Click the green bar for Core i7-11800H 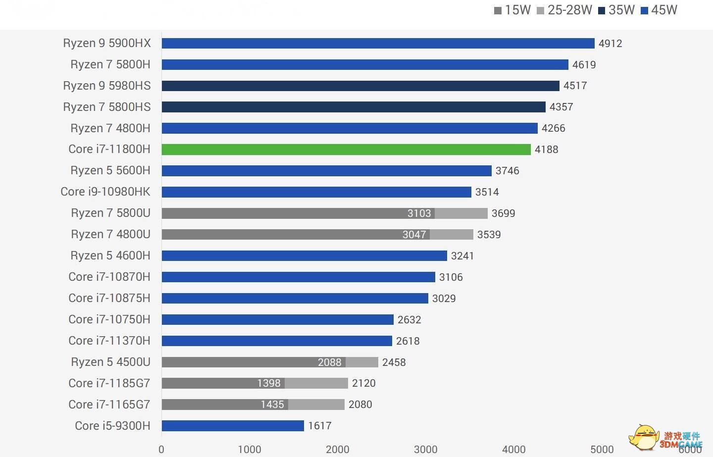346,150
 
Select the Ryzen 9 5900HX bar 377,44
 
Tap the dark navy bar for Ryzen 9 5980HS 360,86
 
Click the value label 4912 610,44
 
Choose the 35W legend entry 616,10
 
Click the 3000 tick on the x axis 425,450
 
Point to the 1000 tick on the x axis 249,450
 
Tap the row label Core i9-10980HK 105,192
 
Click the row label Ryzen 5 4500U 110,362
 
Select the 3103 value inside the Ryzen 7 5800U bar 419,213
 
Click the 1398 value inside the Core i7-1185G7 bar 268,383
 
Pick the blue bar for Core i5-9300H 232,426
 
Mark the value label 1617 319,426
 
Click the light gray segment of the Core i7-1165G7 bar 316,405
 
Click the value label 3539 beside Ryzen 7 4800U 489,235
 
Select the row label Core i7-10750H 109,319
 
